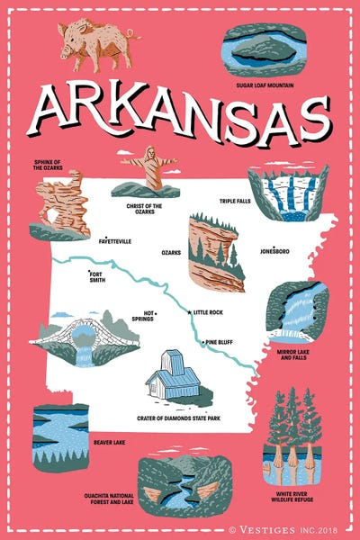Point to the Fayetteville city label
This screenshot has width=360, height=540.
coord(115,241)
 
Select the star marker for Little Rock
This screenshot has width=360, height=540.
coord(188,311)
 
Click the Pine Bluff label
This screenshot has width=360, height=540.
coord(220,342)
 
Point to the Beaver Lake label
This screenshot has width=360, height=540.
coord(109,442)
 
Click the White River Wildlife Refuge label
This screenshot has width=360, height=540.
coord(293,497)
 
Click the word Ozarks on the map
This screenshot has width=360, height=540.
coord(171,253)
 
